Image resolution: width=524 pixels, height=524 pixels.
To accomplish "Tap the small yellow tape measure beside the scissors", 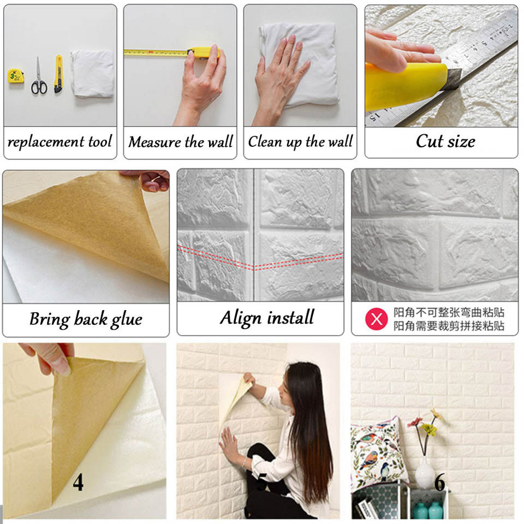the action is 16,76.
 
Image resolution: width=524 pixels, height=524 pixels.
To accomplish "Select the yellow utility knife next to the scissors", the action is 58,74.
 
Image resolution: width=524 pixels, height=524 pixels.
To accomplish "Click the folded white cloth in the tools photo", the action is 93,74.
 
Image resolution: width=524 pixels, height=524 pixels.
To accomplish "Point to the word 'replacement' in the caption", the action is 46,142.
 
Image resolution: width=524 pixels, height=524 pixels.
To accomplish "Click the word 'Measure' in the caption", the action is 154,142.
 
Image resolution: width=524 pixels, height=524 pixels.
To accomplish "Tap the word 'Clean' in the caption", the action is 265,141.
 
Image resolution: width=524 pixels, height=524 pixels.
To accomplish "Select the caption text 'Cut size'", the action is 445,141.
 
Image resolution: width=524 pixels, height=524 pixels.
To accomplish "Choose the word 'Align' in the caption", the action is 241,318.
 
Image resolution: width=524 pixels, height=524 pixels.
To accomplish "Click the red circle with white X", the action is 376,319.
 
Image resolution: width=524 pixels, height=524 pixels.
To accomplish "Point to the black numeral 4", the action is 78,482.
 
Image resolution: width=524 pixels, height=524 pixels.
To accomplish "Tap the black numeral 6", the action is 439,482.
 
